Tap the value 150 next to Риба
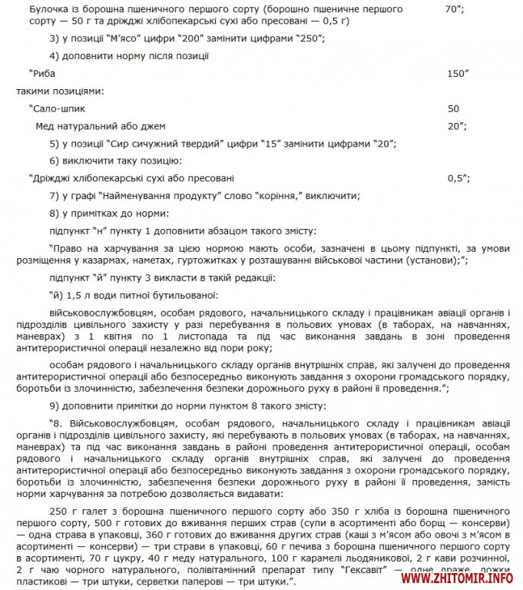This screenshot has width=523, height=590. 455,73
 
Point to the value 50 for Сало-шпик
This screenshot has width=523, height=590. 453,108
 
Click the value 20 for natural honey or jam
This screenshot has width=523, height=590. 454,126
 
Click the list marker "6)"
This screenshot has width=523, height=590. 55,161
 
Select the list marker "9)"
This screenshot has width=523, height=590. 55,405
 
